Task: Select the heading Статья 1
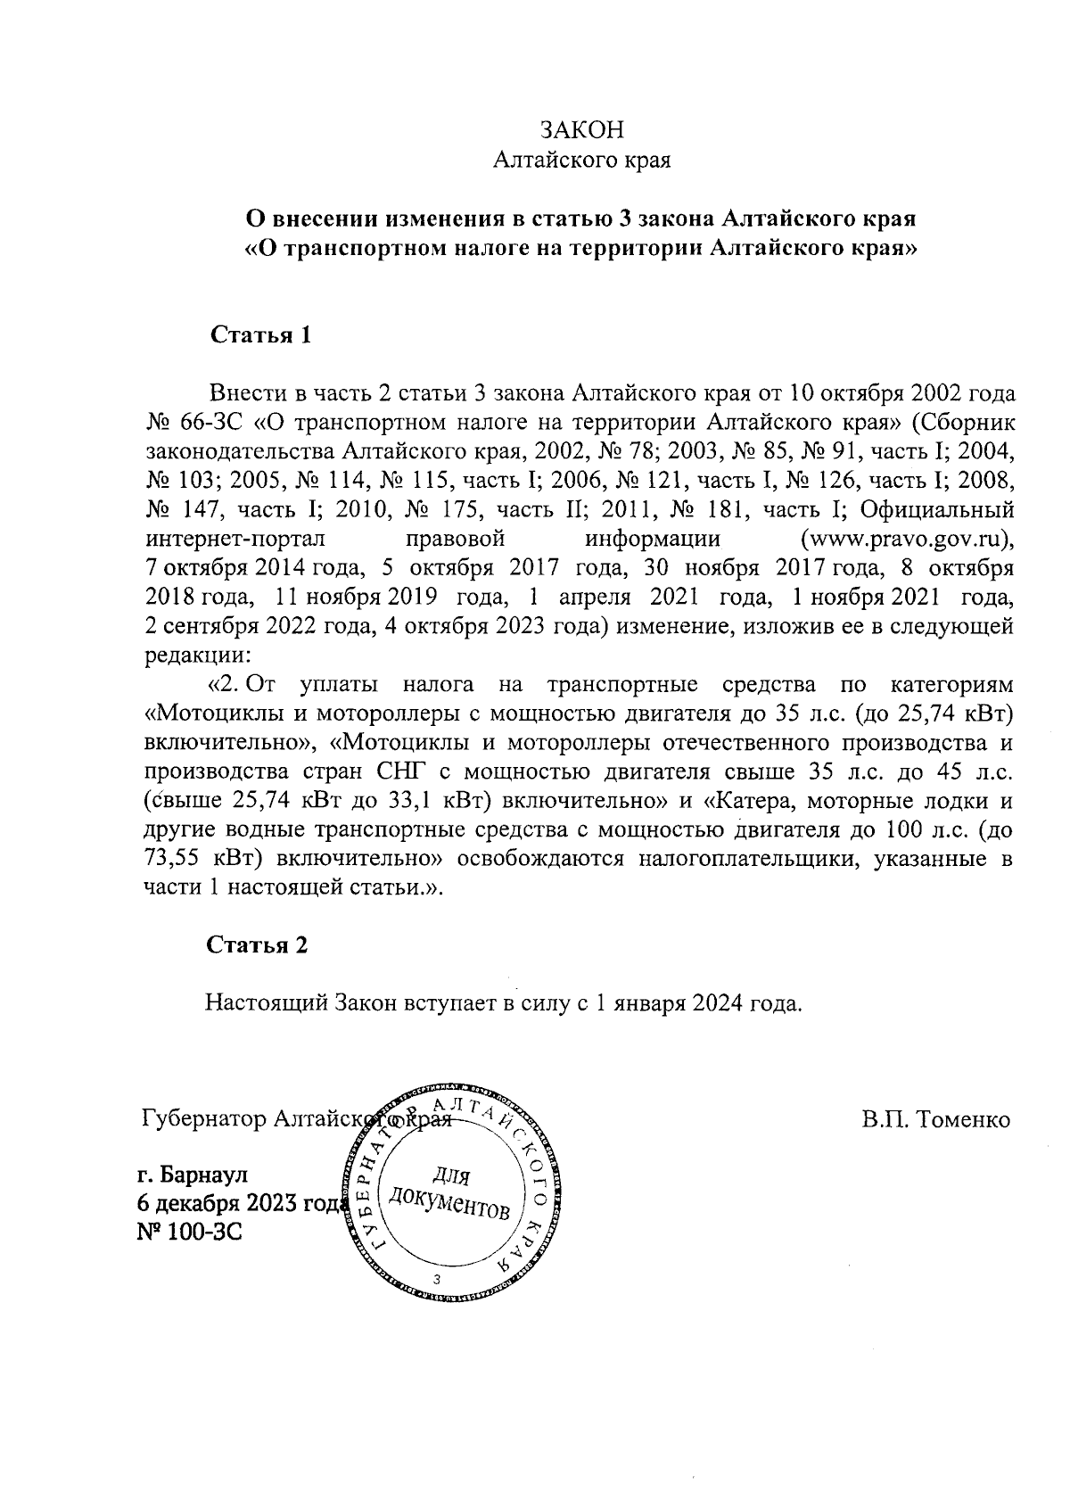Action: point(260,335)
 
